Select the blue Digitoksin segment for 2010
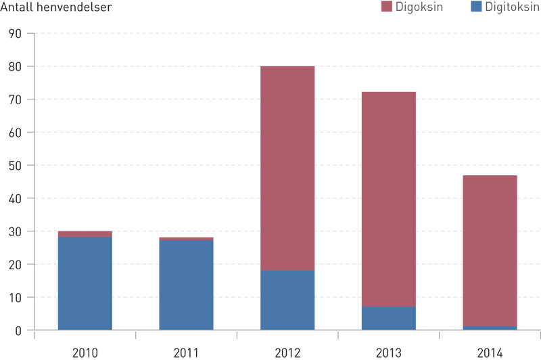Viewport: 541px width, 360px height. click(85, 284)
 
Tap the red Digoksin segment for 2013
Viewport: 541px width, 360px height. click(389, 199)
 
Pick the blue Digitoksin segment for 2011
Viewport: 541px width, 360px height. click(186, 285)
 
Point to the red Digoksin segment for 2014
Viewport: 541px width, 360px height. click(490, 250)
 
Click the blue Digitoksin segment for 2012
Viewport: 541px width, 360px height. click(287, 300)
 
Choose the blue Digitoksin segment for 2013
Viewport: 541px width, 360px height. click(389, 318)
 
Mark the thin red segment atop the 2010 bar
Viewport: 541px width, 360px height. click(85, 234)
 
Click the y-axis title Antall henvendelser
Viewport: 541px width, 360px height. click(56, 8)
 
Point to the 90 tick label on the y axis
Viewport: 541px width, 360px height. click(14, 34)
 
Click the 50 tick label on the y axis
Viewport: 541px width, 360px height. click(14, 166)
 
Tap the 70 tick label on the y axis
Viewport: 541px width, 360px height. click(14, 99)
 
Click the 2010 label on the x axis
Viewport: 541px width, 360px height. click(85, 352)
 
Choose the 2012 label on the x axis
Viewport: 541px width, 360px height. click(287, 352)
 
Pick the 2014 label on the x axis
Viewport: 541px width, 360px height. click(490, 352)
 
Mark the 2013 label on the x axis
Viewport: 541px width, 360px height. click(389, 352)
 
